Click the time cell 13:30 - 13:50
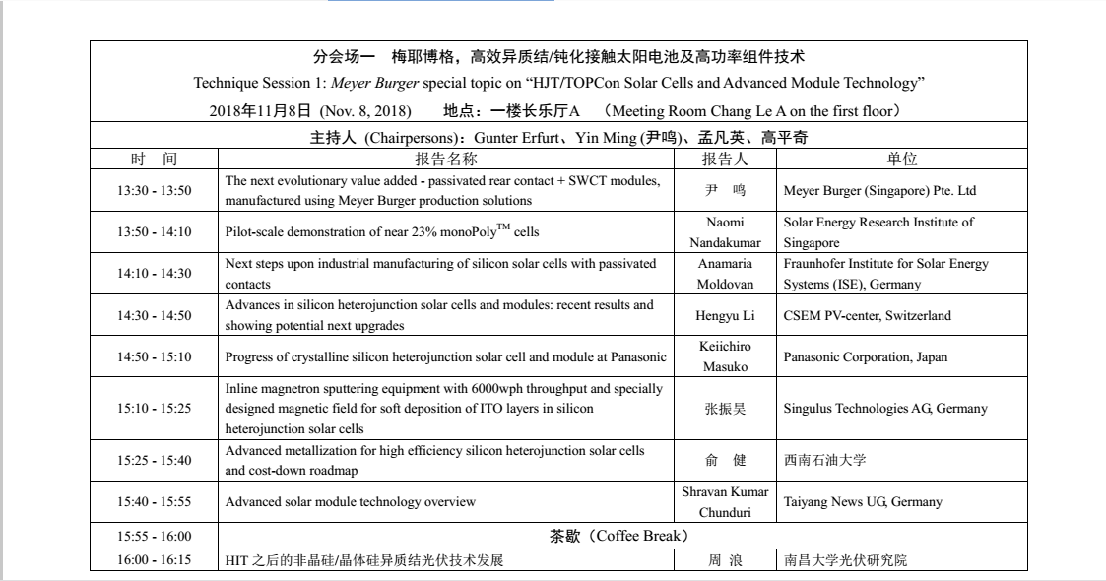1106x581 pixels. [154, 191]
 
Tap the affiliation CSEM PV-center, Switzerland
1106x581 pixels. [866, 316]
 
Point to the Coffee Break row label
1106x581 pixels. [618, 537]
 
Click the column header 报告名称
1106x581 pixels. [445, 159]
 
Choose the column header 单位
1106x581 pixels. [902, 159]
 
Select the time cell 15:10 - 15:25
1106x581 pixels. [154, 409]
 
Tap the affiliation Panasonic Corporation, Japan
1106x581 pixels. [866, 357]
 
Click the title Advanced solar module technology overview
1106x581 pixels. [351, 502]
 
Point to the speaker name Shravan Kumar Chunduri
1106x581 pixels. [725, 502]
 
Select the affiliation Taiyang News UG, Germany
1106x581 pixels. [863, 502]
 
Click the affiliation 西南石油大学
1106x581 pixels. [825, 460]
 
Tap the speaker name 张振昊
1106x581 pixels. [725, 409]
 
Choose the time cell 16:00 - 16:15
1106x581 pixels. [154, 560]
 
